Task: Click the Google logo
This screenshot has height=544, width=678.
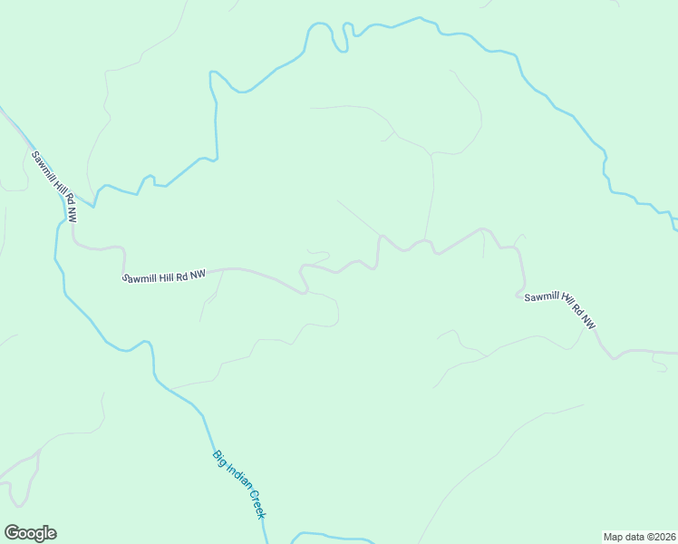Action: point(30,533)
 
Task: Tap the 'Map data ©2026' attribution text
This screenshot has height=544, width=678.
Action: point(639,536)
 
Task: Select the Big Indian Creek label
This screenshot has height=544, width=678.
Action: point(240,485)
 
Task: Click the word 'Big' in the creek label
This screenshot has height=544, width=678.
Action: point(218,457)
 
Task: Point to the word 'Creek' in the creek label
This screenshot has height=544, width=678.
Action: point(256,506)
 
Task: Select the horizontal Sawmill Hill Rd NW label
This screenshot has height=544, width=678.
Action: point(164,276)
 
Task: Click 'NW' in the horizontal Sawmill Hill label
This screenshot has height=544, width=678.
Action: point(199,274)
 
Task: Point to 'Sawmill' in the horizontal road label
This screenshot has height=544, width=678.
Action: point(140,277)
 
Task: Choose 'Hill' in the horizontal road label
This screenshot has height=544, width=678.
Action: point(167,276)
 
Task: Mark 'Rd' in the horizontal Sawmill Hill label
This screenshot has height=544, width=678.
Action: point(183,275)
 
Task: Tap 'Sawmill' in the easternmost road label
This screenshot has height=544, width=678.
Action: point(539,296)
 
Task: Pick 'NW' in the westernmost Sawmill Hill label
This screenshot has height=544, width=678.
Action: point(70,214)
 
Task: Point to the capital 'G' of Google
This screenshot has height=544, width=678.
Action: point(11,533)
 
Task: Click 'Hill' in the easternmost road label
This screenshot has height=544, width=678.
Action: point(561,298)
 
